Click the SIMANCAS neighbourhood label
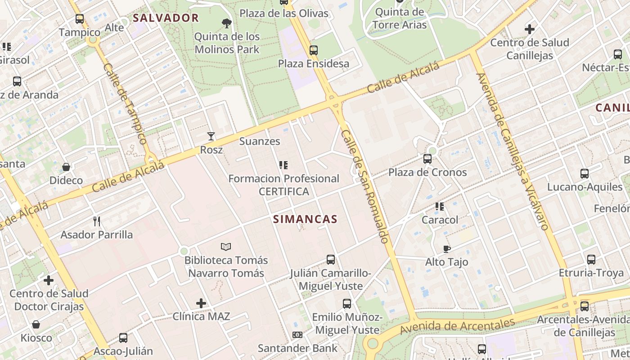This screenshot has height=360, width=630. pos(305,219)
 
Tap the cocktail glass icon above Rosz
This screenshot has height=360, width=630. pos(211,136)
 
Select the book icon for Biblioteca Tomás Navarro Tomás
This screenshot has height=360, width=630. pos(226,247)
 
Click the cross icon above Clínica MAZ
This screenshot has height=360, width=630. pos(201,303)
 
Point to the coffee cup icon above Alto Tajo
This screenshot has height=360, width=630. pos(446,248)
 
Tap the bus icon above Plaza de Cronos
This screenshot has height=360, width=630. pos(427,158)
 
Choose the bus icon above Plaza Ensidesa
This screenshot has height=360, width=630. pos(314,50)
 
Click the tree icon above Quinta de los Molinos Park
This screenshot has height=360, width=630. pos(227,23)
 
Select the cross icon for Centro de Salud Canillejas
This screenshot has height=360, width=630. pos(530,29)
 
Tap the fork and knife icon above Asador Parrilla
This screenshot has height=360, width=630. pos(96,221)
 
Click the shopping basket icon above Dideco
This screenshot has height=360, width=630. pos(66,167)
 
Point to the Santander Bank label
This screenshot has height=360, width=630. pos(297,348)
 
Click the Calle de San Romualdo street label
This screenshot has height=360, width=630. pos(364,187)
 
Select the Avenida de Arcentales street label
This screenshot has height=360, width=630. pos(457,327)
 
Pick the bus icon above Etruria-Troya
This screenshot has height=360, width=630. pos(591,259)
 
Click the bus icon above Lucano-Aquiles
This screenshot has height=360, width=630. pos(585,173)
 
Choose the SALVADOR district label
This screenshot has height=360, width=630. pos(166,18)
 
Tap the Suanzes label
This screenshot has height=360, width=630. pos(260,141)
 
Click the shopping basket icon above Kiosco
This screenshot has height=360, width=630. pos(36,324)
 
